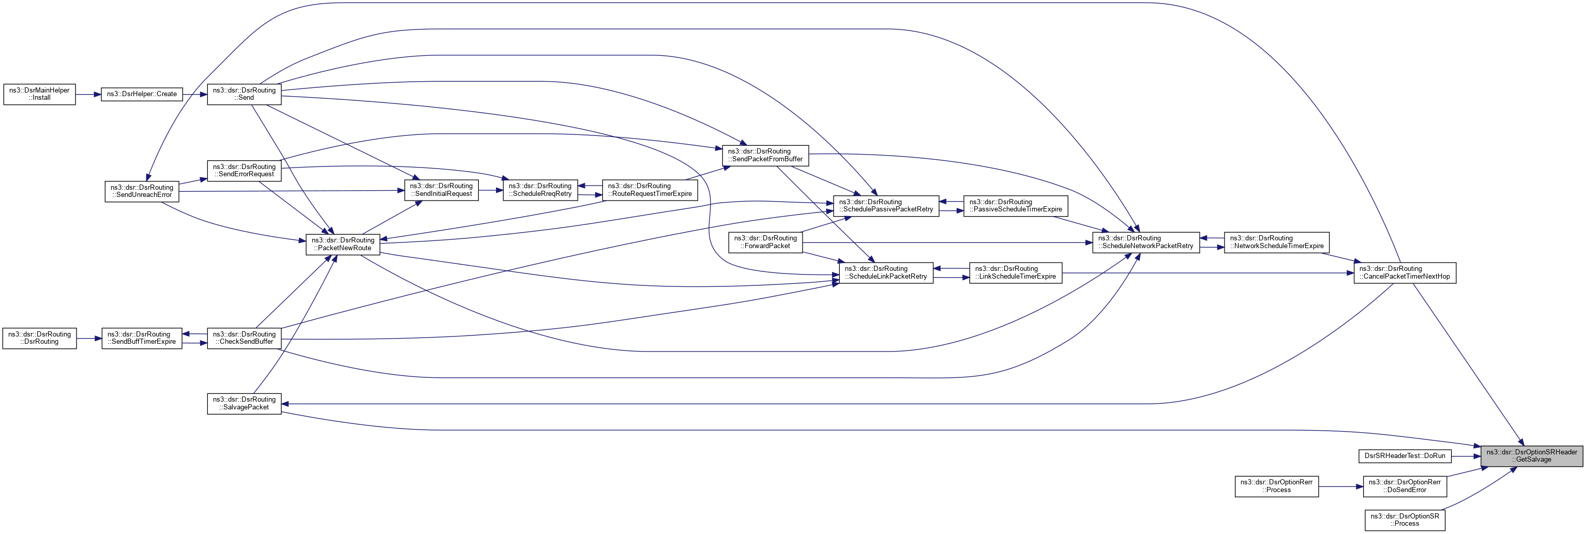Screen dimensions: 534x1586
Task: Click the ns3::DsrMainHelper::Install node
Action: coord(39,94)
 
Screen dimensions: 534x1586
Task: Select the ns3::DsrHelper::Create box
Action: coord(142,94)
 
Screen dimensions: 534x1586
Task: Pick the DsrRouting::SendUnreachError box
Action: coord(142,191)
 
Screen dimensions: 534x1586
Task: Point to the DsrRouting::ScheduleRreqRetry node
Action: coord(540,190)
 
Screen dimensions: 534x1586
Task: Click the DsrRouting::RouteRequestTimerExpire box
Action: coord(649,190)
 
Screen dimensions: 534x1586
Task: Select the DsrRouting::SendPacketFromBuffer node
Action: coord(765,155)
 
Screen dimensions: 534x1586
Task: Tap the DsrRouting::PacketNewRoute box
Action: coord(342,244)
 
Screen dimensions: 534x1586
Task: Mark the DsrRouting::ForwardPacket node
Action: coord(765,242)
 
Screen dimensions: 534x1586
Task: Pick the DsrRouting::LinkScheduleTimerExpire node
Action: coord(1015,272)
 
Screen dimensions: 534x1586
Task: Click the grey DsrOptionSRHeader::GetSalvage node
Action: coord(1531,456)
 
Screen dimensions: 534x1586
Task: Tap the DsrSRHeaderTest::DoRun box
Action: coord(1404,456)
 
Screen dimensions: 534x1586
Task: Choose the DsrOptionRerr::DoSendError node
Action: coord(1404,486)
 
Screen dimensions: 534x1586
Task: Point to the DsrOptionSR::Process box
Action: coord(1404,520)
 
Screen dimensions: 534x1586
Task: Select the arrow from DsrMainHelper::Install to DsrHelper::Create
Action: coord(88,94)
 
